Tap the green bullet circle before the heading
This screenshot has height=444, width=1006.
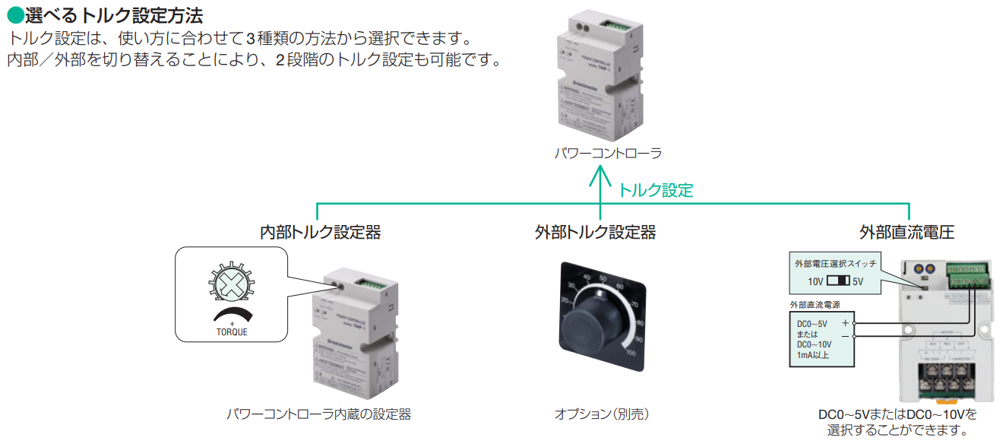tap(14, 14)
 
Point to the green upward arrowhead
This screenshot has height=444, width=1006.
tap(600, 176)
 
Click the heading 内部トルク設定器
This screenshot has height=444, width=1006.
tap(320, 233)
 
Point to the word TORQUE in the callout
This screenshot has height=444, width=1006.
tap(232, 332)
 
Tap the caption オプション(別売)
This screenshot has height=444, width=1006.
tap(601, 414)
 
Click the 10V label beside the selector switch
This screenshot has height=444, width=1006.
tap(815, 281)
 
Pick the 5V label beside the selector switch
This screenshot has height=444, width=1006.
tap(858, 281)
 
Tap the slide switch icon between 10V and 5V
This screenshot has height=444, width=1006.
tap(837, 281)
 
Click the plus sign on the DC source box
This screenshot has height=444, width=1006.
tap(846, 322)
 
